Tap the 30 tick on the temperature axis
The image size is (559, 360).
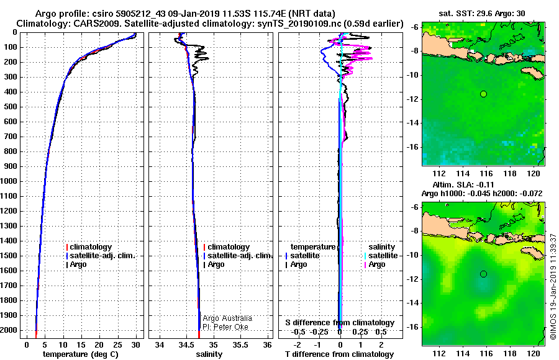(136, 344)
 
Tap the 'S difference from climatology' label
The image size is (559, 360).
(339, 323)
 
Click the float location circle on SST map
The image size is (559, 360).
(483, 94)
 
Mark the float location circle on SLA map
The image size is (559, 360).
(483, 274)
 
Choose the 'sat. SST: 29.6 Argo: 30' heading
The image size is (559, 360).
(483, 12)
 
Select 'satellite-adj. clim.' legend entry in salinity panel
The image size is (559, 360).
(239, 256)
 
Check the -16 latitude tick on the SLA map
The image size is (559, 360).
(413, 326)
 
